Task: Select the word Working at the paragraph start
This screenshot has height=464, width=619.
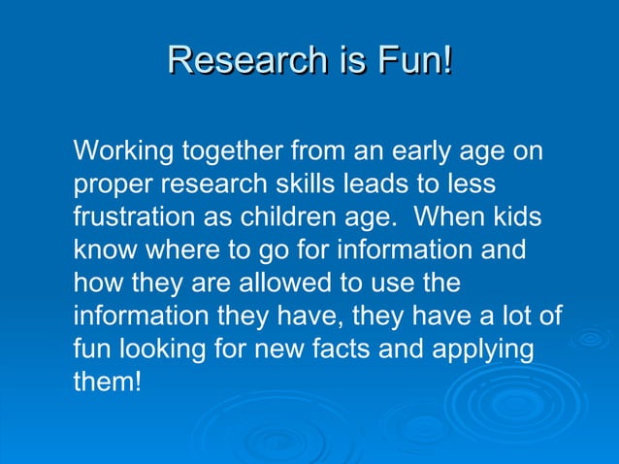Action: pos(120,152)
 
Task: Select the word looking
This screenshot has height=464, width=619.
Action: pos(173,348)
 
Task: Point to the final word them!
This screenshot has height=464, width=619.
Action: pos(108,381)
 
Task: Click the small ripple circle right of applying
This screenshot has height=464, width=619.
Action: pos(589,339)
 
